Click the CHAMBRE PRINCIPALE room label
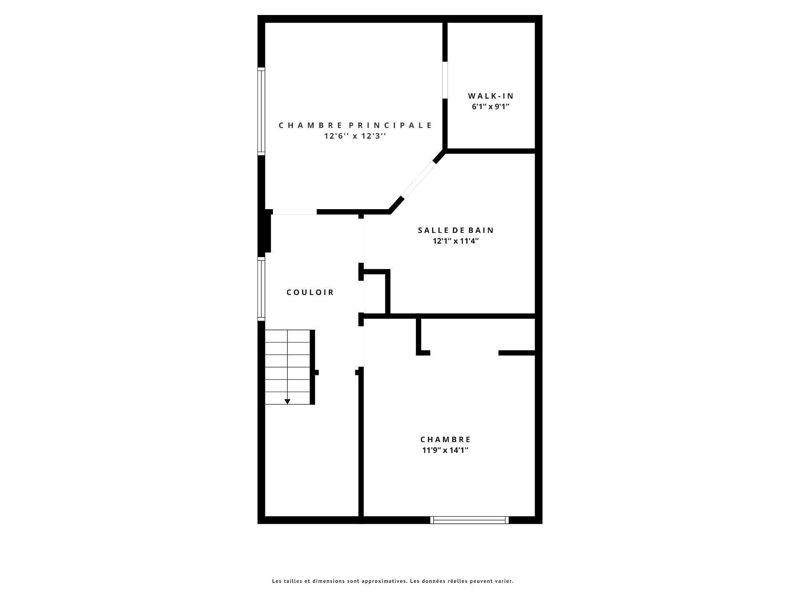[x=355, y=125]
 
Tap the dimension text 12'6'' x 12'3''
[x=355, y=136]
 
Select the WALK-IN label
[x=491, y=96]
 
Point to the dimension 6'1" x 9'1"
[x=491, y=106]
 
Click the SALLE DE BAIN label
[x=456, y=230]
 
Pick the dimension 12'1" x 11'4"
[x=456, y=241]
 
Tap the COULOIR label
[x=310, y=292]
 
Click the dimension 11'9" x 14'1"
[x=445, y=450]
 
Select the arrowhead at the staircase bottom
[x=287, y=402]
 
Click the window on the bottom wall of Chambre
[x=470, y=520]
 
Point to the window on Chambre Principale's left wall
[x=261, y=111]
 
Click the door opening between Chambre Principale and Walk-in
[x=445, y=80]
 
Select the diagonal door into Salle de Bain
[x=418, y=179]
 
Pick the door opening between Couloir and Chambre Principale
[x=294, y=212]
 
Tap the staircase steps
[x=287, y=367]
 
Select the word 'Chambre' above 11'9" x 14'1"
[x=445, y=440]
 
